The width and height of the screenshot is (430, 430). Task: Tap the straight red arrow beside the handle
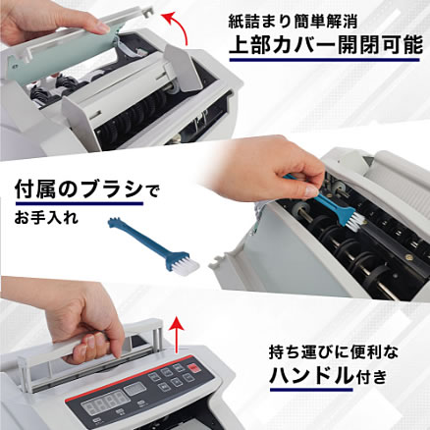178,335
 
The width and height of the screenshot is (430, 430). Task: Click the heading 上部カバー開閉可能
326,45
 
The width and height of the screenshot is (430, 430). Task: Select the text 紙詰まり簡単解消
293,22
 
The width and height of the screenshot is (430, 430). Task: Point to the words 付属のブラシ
79,190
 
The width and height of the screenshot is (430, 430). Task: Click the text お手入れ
46,217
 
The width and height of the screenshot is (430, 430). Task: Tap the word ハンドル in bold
312,376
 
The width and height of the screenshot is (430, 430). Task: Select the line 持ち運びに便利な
334,353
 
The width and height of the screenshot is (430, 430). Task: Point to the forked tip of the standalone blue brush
114,222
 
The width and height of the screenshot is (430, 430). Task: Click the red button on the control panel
194,368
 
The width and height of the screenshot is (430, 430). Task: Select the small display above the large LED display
134,389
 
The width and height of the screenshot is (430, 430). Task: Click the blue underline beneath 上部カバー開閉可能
324,60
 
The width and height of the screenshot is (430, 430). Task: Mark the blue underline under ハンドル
311,390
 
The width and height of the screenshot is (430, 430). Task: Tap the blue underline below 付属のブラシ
79,203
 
